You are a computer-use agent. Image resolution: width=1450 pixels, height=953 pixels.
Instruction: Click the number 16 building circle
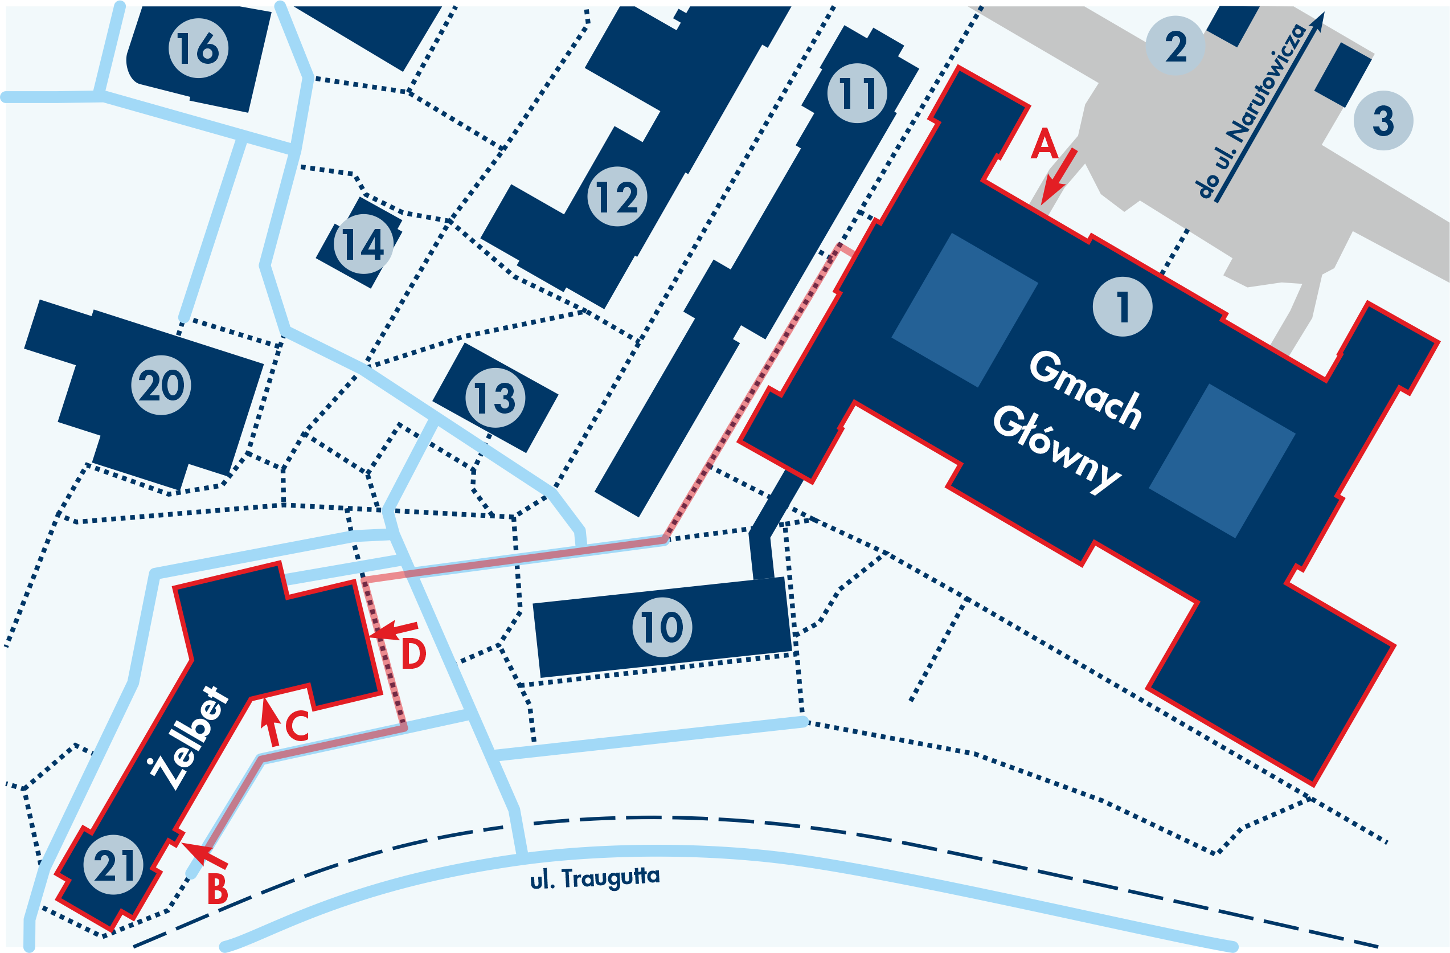(198, 48)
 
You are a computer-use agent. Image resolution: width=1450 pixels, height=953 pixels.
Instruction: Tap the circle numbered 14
(364, 244)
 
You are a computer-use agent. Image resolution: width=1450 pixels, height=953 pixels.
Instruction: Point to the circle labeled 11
(857, 93)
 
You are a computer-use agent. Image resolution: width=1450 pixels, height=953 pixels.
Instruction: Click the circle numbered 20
(161, 385)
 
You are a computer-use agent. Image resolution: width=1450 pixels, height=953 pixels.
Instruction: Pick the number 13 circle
(495, 397)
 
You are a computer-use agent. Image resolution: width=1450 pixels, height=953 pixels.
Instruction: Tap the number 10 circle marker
(662, 627)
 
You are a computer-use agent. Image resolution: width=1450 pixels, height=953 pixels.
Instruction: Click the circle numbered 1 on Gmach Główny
(1122, 306)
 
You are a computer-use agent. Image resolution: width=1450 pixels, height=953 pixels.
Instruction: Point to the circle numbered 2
(1175, 46)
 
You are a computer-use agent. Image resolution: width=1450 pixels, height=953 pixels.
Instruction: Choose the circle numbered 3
(1383, 120)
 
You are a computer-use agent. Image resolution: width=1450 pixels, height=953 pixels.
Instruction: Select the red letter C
(297, 726)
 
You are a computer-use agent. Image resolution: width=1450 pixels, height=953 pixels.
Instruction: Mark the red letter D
(413, 655)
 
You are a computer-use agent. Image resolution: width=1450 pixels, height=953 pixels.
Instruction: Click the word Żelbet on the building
(190, 737)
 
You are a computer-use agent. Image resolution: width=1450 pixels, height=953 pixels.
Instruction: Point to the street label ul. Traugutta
(595, 878)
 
